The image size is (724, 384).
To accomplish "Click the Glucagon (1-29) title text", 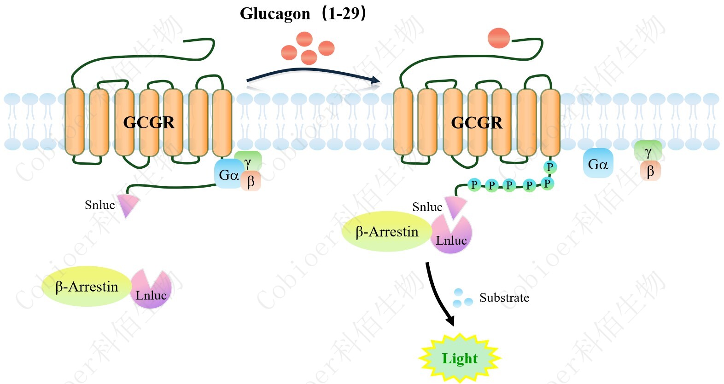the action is (x=303, y=13).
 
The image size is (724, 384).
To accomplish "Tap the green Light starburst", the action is (x=460, y=358).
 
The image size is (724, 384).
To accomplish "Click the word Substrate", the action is (x=504, y=298).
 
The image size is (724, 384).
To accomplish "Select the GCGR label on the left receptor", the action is (x=149, y=123).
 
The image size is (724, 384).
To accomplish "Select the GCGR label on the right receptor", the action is (x=477, y=123).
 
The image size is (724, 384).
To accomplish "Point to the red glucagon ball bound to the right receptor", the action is (x=499, y=38).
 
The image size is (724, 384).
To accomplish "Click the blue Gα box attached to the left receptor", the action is (x=228, y=174).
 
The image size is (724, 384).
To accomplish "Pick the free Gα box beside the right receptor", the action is (x=598, y=163).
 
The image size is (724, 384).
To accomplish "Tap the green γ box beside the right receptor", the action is (x=648, y=151).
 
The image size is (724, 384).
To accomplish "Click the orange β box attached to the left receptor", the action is (x=251, y=181).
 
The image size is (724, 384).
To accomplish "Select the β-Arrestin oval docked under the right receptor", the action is (x=387, y=231).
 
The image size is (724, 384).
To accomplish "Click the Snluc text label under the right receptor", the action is (x=427, y=207).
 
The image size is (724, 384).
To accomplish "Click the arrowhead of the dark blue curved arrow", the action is (x=375, y=80).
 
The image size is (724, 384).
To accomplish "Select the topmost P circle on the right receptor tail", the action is (x=550, y=167).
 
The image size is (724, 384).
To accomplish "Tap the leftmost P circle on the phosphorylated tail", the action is (x=474, y=185).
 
